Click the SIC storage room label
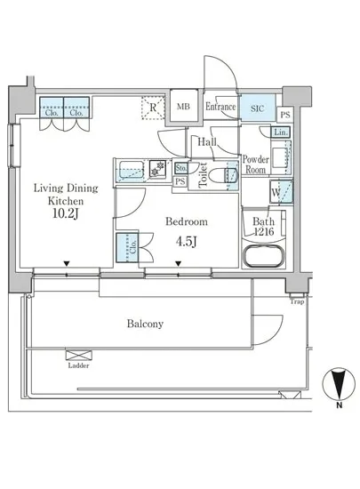258,108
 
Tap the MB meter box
184,107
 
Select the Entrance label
220,107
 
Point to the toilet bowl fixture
222,175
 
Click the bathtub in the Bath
263,256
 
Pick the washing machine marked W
281,192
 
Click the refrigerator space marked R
153,108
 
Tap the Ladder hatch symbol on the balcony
78,356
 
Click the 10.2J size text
66,214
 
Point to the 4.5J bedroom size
186,241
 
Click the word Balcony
145,324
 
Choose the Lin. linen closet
281,132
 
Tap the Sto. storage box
180,168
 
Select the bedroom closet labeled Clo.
127,247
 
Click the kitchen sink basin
132,170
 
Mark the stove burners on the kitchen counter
157,168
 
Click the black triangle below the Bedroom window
178,264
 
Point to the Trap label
297,301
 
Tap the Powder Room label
256,164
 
